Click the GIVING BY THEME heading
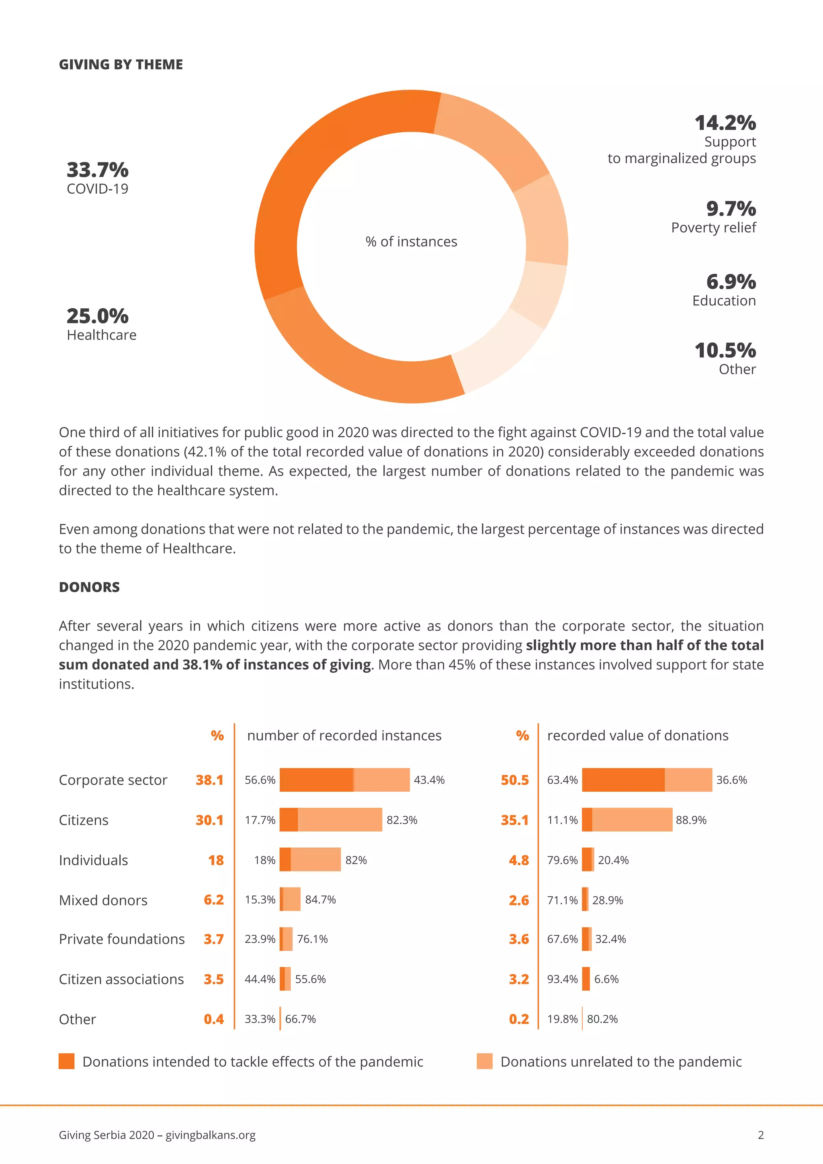(121, 64)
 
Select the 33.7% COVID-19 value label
(97, 170)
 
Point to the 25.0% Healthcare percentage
(97, 316)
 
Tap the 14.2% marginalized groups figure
(725, 123)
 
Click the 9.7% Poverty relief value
(731, 208)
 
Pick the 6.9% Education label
(731, 281)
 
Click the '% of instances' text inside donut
(411, 242)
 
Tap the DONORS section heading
(89, 587)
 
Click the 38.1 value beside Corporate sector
(209, 780)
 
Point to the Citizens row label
(84, 820)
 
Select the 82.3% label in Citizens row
(402, 820)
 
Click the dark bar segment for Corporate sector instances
(316, 780)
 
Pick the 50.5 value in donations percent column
(514, 780)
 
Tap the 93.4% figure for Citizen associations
(562, 979)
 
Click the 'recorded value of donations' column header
(637, 736)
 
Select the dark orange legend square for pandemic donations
(66, 1061)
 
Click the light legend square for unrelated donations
(485, 1061)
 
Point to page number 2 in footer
(760, 1135)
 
